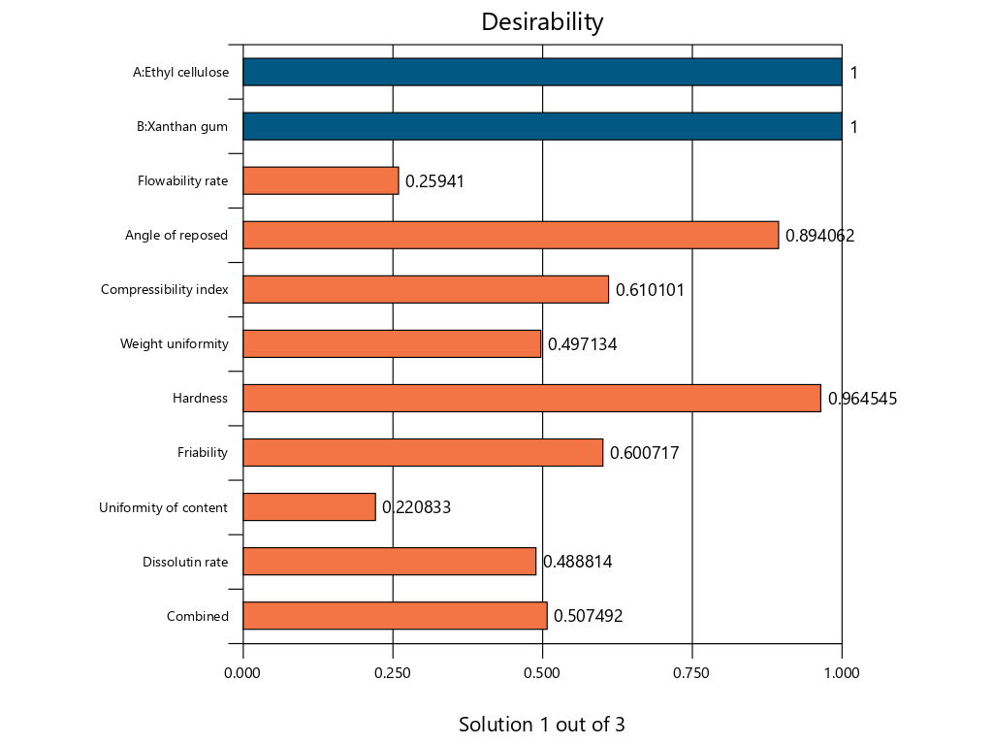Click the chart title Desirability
pos(542,22)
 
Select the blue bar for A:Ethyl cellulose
pos(542,72)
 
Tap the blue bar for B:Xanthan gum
pos(542,126)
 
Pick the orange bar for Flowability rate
pos(320,180)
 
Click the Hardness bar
pos(531,398)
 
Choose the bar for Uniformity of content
pos(308,506)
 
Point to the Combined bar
pos(395,615)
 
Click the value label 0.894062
pos(819,235)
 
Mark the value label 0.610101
pos(650,289)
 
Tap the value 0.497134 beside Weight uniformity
pos(582,343)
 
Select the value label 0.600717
pos(644,452)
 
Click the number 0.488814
pos(577,561)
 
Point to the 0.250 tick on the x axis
pos(393,672)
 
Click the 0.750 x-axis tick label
pos(691,672)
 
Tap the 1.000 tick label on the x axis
pos(841,672)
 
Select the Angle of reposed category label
pos(176,235)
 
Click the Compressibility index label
pos(165,289)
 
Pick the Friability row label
pos(203,452)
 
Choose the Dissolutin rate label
pos(185,561)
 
